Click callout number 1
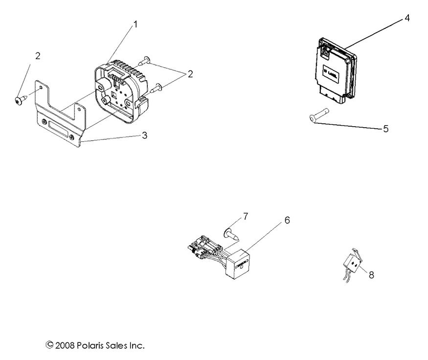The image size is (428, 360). tap(135, 24)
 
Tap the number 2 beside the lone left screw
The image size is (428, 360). tap(38, 56)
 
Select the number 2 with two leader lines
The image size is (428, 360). tap(190, 74)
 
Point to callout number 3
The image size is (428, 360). tap(144, 135)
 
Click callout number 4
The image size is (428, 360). tap(407, 18)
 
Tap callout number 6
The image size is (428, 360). tap(287, 221)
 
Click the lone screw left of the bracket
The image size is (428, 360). tap(20, 100)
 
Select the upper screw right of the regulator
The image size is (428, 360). tap(143, 61)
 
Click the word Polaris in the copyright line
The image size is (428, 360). tap(91, 345)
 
